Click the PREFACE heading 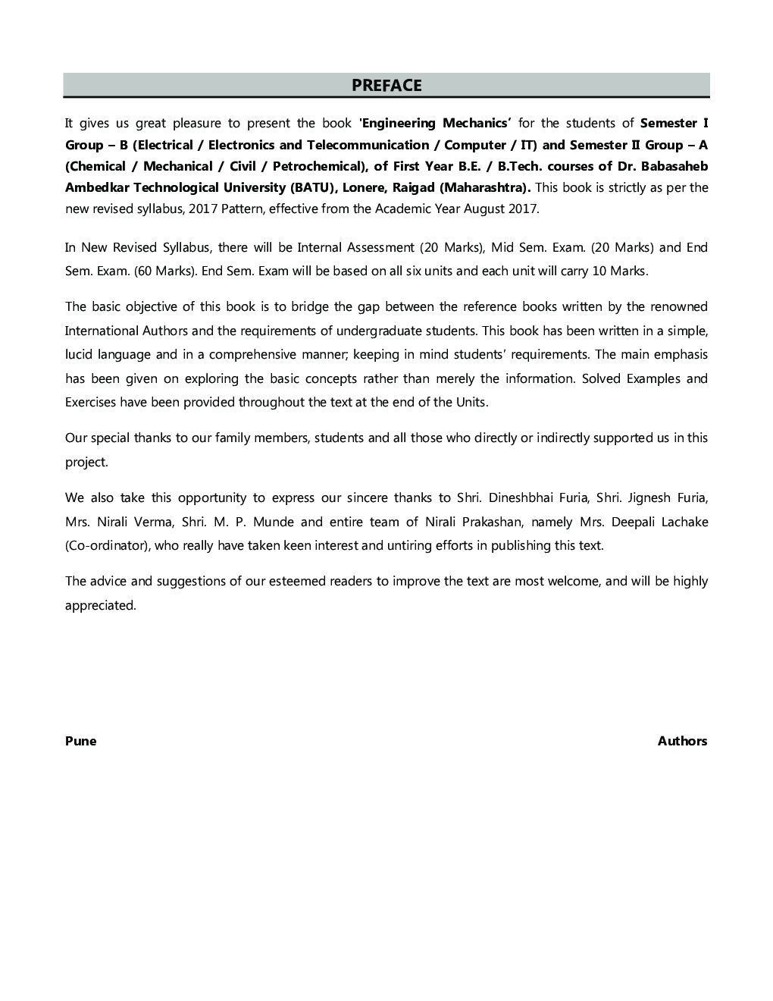coord(386,86)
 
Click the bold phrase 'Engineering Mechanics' coord(435,123)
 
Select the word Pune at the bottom coord(80,741)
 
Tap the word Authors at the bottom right coord(682,741)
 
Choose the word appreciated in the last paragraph coord(100,605)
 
